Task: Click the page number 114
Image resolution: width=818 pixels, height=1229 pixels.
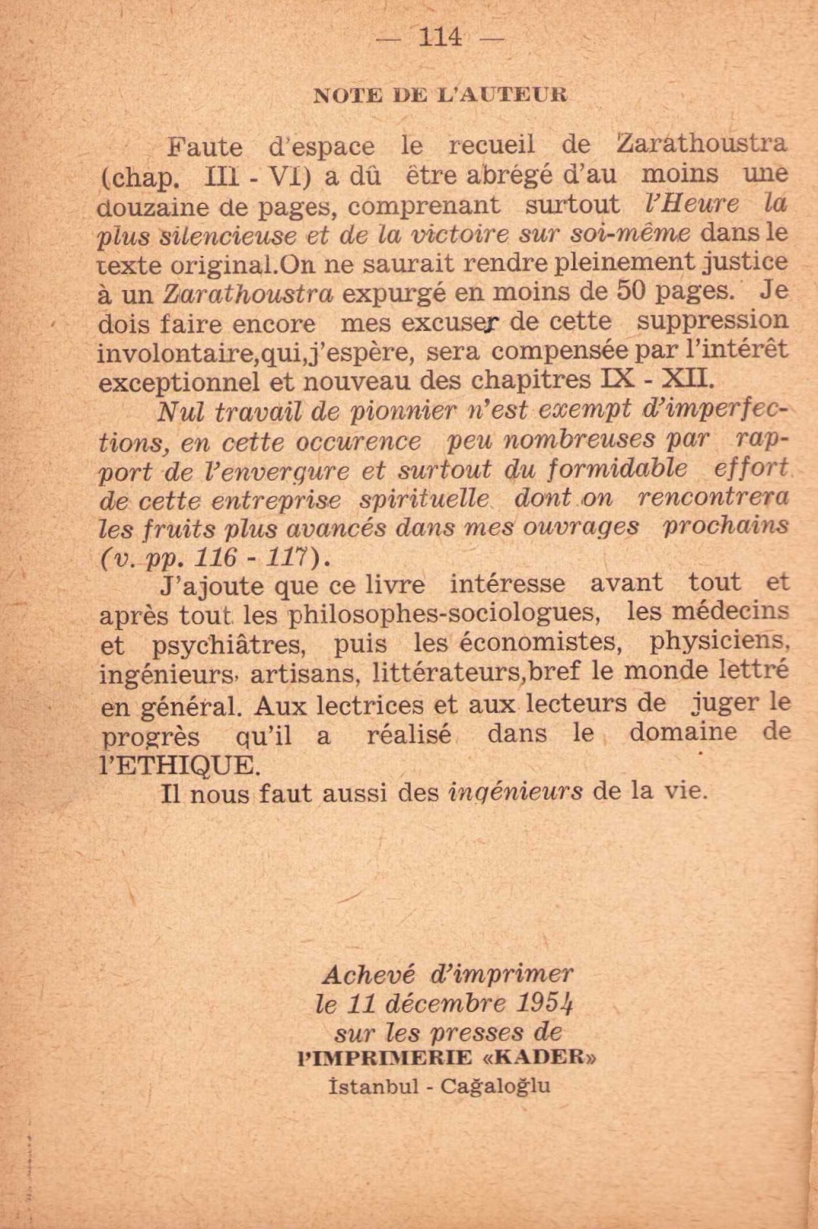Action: click(x=439, y=37)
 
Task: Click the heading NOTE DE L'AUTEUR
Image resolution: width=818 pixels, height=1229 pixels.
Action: click(x=440, y=94)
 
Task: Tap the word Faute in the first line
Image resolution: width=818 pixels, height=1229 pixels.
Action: click(x=205, y=147)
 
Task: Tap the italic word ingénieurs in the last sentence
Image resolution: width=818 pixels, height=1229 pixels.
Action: click(x=516, y=792)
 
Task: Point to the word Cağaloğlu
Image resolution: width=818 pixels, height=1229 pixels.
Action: click(x=495, y=1086)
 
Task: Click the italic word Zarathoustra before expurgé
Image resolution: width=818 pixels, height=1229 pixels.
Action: click(x=248, y=293)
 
